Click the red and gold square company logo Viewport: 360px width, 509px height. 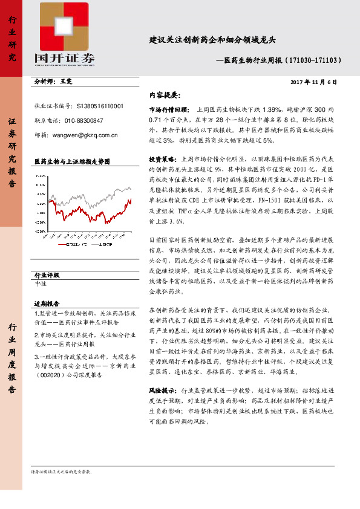point(65,27)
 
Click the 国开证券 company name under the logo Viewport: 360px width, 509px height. point(65,59)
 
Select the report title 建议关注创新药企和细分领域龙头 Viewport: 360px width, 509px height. point(212,41)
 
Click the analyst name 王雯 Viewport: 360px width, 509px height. point(66,80)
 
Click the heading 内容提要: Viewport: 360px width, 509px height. point(164,95)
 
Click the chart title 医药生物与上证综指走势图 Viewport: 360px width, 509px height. point(73,162)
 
